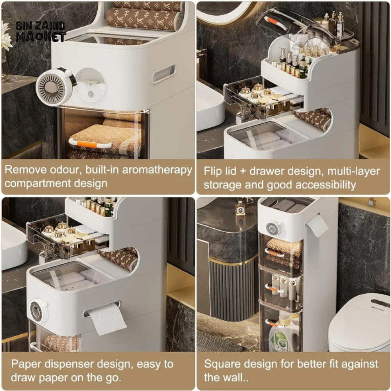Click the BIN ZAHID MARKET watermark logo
[x=41, y=31]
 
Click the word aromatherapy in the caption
[x=157, y=170]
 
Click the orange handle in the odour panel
[x=90, y=144]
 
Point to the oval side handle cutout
[x=164, y=74]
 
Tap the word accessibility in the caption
[x=326, y=185]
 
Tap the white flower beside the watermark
[x=6, y=36]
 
